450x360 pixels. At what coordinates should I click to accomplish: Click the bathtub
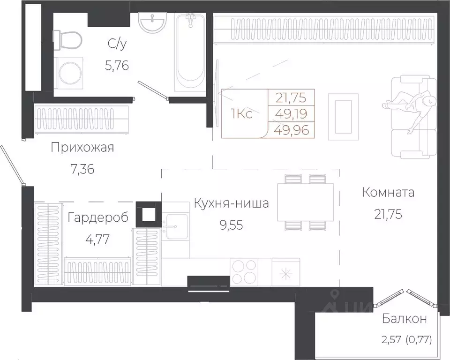[x=190, y=52]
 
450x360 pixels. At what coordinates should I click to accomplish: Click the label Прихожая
[x=82, y=148]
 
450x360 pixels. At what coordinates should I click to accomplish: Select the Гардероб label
[x=97, y=217]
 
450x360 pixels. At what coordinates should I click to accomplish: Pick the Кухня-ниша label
[x=231, y=204]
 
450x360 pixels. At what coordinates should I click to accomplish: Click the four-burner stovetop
[x=244, y=272]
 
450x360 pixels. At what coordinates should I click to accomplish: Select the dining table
[x=305, y=202]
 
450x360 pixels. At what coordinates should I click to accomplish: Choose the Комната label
[x=389, y=192]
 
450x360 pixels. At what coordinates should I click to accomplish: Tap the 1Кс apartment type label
[x=242, y=114]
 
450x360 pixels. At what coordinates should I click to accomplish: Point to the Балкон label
[x=404, y=319]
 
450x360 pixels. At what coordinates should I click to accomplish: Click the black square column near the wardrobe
[x=148, y=214]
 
